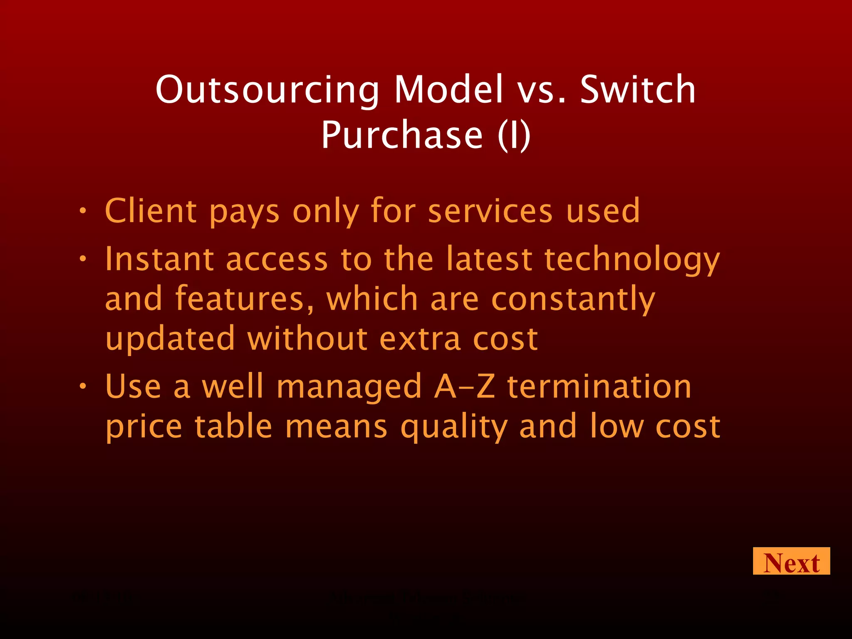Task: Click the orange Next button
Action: point(791,561)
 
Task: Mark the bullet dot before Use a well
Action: point(83,386)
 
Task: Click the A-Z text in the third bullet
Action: point(464,386)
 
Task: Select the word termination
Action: point(599,386)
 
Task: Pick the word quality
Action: point(454,427)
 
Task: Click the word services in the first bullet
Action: point(490,211)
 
